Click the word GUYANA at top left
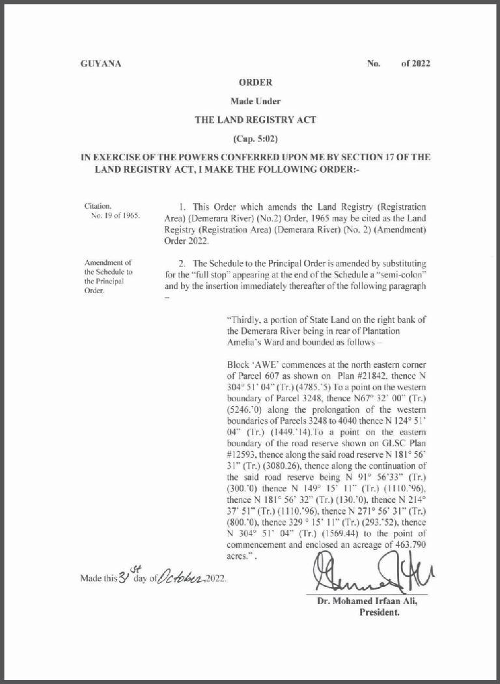(100, 64)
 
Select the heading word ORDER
(255, 83)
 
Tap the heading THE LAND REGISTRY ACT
(255, 120)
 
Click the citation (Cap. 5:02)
(255, 139)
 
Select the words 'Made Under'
(255, 101)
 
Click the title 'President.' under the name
(379, 612)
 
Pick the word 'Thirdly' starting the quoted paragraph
(242, 320)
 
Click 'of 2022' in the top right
(415, 64)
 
